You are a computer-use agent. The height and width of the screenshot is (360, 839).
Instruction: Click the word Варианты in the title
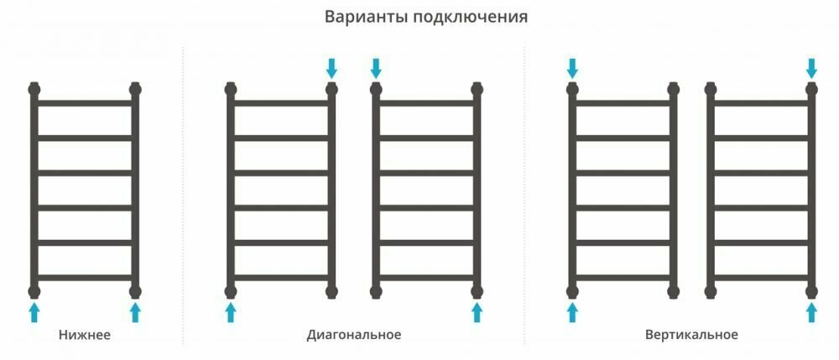(x=366, y=17)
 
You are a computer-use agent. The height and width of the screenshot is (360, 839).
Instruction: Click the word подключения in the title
(x=471, y=18)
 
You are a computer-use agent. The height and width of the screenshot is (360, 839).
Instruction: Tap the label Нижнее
(x=85, y=335)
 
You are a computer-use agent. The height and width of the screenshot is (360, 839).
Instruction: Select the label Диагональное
(x=354, y=335)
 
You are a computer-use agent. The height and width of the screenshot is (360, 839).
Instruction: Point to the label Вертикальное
(x=692, y=335)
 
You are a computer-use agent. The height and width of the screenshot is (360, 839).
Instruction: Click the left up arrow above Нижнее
(x=34, y=313)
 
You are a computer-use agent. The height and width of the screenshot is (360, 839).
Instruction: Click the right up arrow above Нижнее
(x=135, y=313)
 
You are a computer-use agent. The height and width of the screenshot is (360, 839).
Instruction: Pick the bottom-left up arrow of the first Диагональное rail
(x=231, y=313)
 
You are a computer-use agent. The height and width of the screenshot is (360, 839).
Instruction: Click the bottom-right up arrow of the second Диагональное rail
(x=477, y=313)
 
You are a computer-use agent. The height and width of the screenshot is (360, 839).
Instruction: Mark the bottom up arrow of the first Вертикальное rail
(x=572, y=313)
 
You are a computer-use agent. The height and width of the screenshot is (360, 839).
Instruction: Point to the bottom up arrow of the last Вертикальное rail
(x=811, y=313)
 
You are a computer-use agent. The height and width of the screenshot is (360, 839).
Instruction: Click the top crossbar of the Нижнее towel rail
(x=85, y=103)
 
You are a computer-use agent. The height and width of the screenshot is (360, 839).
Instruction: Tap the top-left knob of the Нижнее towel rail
(x=34, y=87)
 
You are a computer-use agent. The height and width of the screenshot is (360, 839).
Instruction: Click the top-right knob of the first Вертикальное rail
(x=673, y=87)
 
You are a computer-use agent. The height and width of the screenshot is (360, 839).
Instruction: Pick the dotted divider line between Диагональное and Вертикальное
(x=524, y=193)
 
